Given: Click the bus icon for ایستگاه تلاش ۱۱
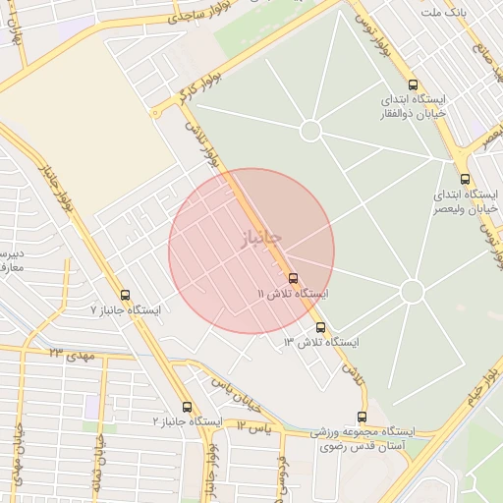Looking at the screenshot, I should click(x=294, y=278).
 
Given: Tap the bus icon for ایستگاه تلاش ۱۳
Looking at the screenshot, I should click(x=320, y=327).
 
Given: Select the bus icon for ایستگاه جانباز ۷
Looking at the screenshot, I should click(x=125, y=294).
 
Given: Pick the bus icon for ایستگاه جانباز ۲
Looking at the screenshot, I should click(x=187, y=407).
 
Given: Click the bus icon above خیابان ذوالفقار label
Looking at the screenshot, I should click(x=413, y=85).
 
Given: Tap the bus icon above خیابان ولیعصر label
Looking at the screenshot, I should click(x=466, y=178).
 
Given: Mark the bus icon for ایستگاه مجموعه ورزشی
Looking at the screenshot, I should click(x=363, y=417).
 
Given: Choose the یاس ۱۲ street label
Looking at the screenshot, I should click(x=252, y=427).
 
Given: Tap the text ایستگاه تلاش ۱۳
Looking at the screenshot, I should click(x=321, y=342).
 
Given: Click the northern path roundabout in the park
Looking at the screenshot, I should click(x=310, y=130).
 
